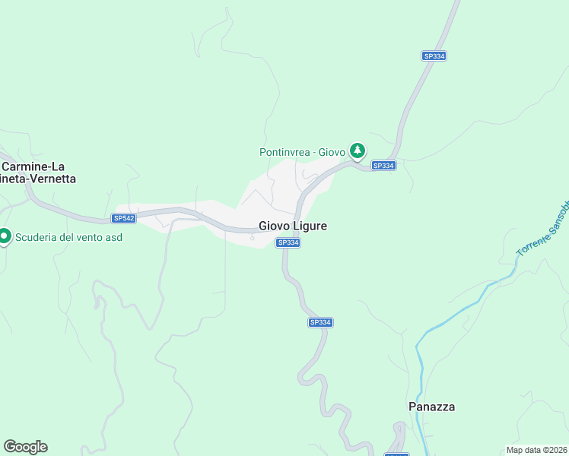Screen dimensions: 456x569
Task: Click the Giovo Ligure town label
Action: coord(293,226)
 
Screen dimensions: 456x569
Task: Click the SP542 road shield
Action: coord(123,218)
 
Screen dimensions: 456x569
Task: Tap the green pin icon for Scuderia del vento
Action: coord(5,237)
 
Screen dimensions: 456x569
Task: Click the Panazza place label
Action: coord(431,407)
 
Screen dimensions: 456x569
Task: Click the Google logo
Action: coord(25,447)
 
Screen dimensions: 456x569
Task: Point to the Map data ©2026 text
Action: coord(537,450)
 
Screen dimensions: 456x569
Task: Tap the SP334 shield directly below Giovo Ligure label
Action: coord(288,242)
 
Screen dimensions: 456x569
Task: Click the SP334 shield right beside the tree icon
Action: coord(383,165)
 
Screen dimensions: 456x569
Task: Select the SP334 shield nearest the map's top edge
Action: coord(434,55)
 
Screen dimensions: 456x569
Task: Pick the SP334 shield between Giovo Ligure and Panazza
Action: coord(320,322)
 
